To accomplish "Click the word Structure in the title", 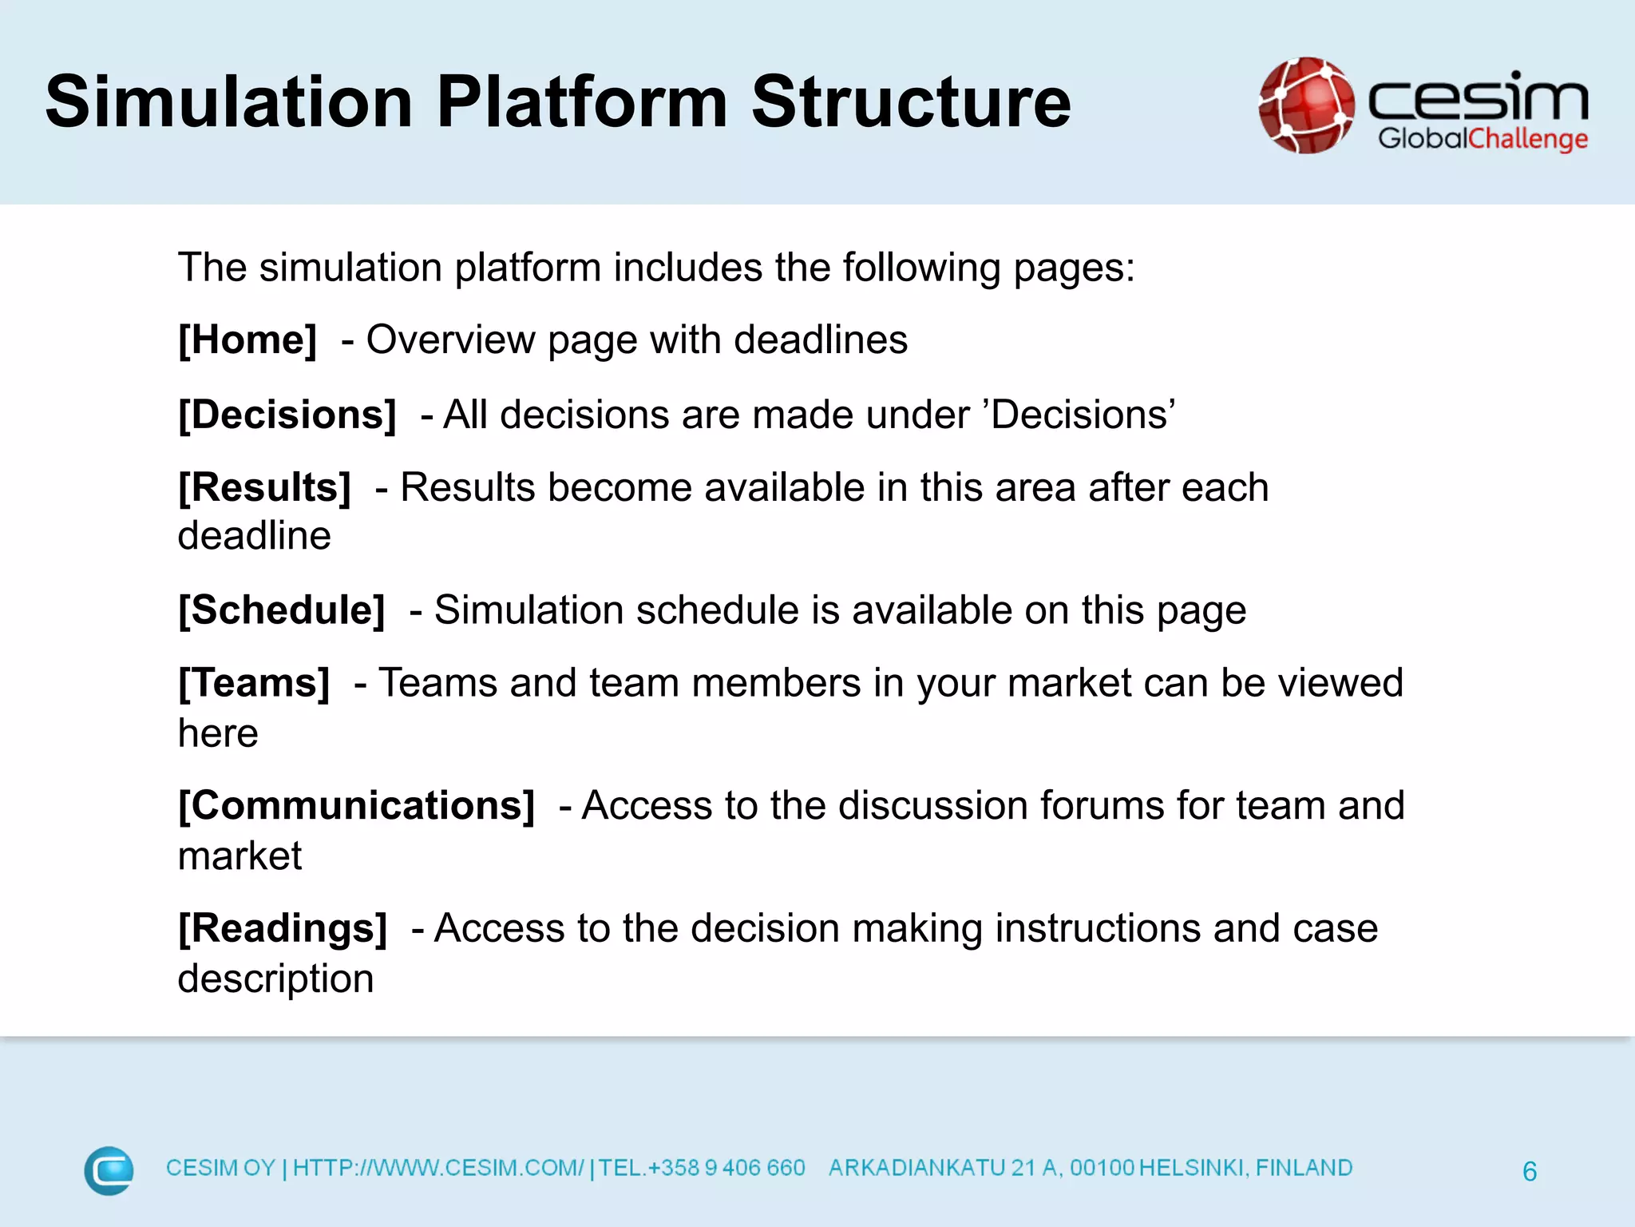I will click(x=910, y=102).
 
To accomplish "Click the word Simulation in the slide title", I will click(x=229, y=102).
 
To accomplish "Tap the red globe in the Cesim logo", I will click(x=1306, y=105).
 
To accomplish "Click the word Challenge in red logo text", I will click(x=1528, y=140).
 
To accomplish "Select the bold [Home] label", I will click(x=247, y=340).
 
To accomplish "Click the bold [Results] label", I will click(x=264, y=488).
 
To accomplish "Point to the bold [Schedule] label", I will click(x=282, y=611).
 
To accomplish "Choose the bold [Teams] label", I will click(x=254, y=684).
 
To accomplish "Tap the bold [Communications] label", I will click(x=356, y=806).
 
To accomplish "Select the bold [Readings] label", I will click(x=283, y=929).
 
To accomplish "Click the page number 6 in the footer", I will click(x=1530, y=1172).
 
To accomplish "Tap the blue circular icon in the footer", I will click(x=109, y=1171).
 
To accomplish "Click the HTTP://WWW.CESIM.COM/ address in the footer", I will click(x=438, y=1169).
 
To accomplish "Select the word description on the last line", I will click(x=275, y=979).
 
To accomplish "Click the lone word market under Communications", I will click(x=240, y=856).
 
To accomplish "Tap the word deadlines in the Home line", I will click(x=820, y=340).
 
